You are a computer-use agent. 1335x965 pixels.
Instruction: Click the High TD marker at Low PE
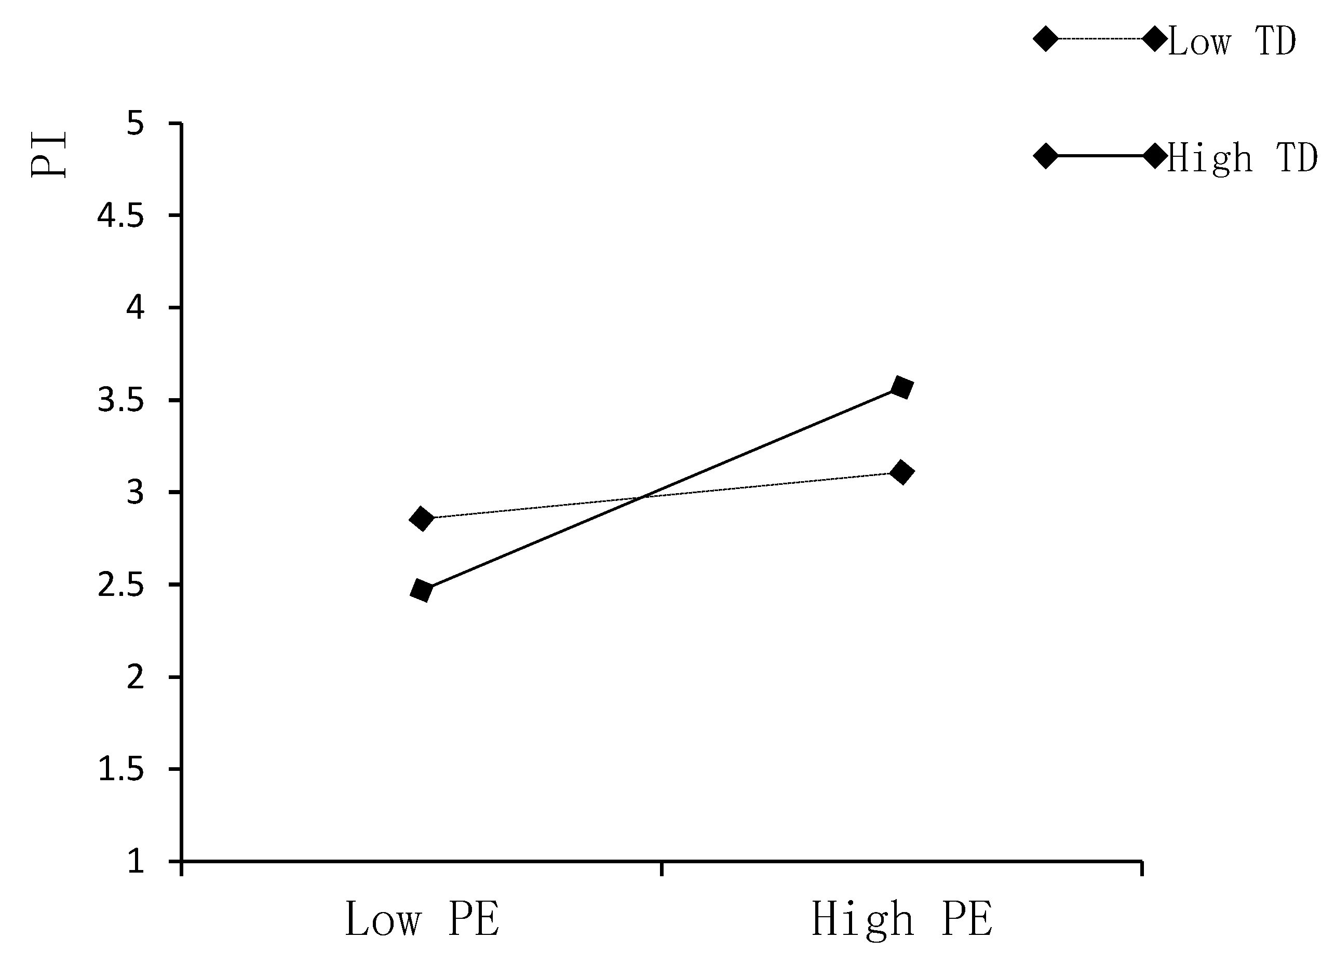(x=422, y=590)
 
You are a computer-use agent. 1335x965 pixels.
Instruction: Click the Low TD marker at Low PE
(x=422, y=519)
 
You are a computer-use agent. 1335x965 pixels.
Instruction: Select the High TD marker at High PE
(x=902, y=388)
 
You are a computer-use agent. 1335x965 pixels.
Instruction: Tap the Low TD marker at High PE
(x=902, y=472)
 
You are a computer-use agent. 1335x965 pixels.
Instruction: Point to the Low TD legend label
(x=1231, y=42)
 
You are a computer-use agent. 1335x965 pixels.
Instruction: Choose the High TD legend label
(x=1242, y=158)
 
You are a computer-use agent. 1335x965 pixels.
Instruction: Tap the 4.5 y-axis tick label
(x=120, y=216)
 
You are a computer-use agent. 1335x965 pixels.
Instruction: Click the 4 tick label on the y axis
(x=136, y=308)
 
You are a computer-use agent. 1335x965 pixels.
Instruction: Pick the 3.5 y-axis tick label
(x=120, y=400)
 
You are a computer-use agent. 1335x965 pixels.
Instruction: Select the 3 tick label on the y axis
(x=136, y=492)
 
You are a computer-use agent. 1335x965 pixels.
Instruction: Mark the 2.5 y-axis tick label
(x=120, y=585)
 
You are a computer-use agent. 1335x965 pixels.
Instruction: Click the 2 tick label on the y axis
(x=136, y=677)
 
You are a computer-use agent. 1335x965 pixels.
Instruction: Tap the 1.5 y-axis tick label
(x=120, y=769)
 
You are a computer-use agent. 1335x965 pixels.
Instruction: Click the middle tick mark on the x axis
(x=662, y=867)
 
